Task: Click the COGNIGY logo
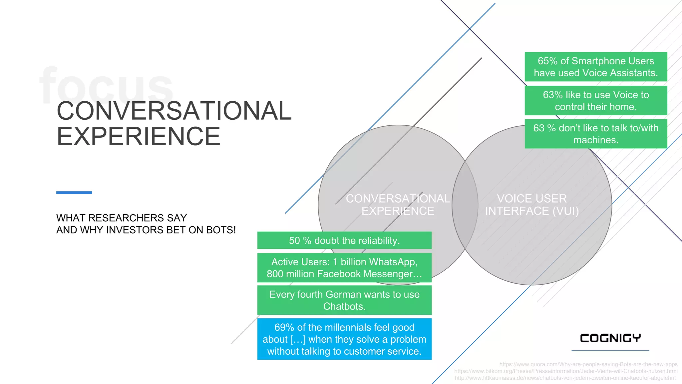pyautogui.click(x=610, y=338)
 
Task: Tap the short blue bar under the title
pyautogui.click(x=74, y=193)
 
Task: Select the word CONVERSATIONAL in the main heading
pyautogui.click(x=174, y=111)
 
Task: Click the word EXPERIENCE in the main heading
pyautogui.click(x=139, y=136)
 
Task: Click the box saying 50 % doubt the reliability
pyautogui.click(x=344, y=240)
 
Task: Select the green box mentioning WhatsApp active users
pyautogui.click(x=344, y=268)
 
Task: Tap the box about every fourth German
pyautogui.click(x=344, y=300)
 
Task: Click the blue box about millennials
pyautogui.click(x=344, y=339)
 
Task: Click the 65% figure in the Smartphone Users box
pyautogui.click(x=547, y=61)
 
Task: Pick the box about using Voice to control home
pyautogui.click(x=596, y=101)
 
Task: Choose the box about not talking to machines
pyautogui.click(x=596, y=134)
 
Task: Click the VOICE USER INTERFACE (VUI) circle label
pyautogui.click(x=532, y=205)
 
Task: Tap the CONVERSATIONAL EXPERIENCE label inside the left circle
pyautogui.click(x=398, y=205)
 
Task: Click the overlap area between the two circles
pyautogui.click(x=465, y=205)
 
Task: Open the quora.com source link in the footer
pyautogui.click(x=588, y=364)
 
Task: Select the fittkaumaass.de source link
pyautogui.click(x=565, y=378)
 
